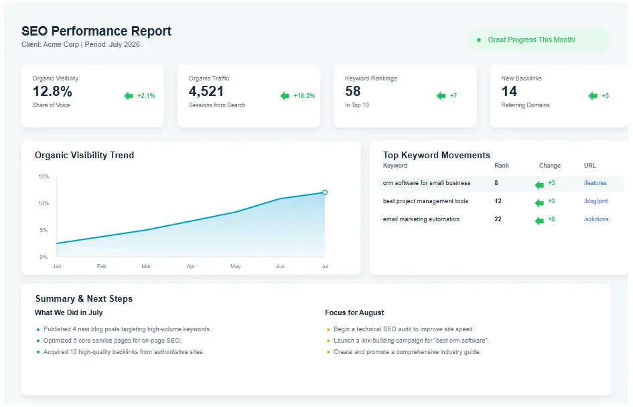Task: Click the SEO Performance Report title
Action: pos(96,32)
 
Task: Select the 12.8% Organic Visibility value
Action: pos(52,91)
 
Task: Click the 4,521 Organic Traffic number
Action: pos(206,91)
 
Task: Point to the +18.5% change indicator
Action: pos(303,96)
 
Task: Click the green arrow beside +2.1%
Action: pos(129,96)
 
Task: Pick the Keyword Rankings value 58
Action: pos(353,91)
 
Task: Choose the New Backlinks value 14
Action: pos(509,91)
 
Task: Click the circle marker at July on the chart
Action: pos(325,192)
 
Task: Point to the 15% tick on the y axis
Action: pos(44,176)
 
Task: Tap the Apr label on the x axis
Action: pos(191,266)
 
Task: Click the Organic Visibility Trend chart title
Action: pos(84,155)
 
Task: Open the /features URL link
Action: pos(595,183)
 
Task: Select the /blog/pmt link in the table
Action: pos(595,201)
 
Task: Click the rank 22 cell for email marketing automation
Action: pos(498,219)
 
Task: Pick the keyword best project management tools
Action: pos(425,201)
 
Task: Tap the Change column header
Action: pos(550,166)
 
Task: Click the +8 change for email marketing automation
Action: pos(551,219)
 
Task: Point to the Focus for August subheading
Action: pos(354,312)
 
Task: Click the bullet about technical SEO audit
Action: pos(404,329)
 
